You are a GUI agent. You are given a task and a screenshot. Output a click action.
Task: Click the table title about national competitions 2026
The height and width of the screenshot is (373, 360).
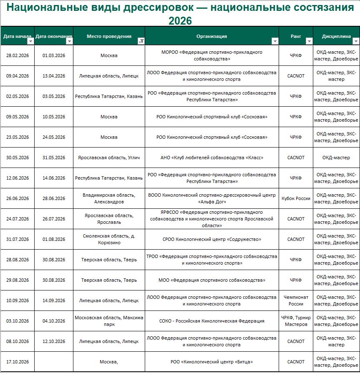pyautogui.click(x=180, y=14)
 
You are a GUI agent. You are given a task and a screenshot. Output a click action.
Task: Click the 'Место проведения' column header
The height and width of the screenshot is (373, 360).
pyautogui.click(x=109, y=36)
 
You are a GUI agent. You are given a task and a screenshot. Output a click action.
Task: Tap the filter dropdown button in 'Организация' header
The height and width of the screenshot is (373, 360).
pyautogui.click(x=274, y=41)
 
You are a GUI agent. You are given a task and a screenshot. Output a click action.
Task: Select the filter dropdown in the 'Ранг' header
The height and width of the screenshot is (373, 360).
pyautogui.click(x=309, y=41)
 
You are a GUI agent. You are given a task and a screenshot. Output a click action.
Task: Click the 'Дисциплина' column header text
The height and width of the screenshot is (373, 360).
pyautogui.click(x=336, y=36)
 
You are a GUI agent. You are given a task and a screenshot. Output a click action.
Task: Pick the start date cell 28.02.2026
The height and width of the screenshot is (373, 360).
pyautogui.click(x=18, y=55)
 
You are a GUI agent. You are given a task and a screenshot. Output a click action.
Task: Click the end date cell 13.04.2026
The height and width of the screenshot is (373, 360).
pyautogui.click(x=54, y=76)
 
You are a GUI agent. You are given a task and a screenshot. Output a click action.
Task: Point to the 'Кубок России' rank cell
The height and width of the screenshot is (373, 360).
pyautogui.click(x=296, y=198)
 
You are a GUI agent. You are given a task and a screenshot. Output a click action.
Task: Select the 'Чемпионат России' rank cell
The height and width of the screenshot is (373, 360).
pyautogui.click(x=296, y=300)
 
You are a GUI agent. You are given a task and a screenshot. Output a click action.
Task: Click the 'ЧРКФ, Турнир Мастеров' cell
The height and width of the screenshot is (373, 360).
pyautogui.click(x=296, y=321)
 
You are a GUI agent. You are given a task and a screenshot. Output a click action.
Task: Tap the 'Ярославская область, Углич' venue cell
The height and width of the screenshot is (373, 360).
pyautogui.click(x=109, y=158)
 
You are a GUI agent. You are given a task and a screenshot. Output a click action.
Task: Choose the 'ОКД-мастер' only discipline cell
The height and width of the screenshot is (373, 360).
pyautogui.click(x=336, y=158)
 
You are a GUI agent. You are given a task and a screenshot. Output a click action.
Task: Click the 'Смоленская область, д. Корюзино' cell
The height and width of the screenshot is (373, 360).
pyautogui.click(x=109, y=239)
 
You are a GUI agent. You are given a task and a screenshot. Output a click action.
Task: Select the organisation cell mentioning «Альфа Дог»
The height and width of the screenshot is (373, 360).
pyautogui.click(x=211, y=198)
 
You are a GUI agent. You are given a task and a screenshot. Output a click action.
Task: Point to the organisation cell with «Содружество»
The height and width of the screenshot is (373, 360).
pyautogui.click(x=211, y=239)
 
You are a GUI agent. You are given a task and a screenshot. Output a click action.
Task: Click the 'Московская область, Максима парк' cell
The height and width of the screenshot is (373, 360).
pyautogui.click(x=109, y=321)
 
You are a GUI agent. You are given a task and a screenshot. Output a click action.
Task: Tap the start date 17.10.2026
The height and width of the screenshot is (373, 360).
pyautogui.click(x=18, y=362)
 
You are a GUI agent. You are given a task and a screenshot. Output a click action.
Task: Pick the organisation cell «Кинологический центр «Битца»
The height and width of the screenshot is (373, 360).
pyautogui.click(x=211, y=362)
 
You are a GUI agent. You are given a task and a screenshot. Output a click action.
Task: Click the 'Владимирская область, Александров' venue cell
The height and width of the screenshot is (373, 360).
pyautogui.click(x=109, y=198)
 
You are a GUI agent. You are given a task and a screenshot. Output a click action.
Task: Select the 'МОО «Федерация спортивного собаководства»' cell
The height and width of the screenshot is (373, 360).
pyautogui.click(x=211, y=280)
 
